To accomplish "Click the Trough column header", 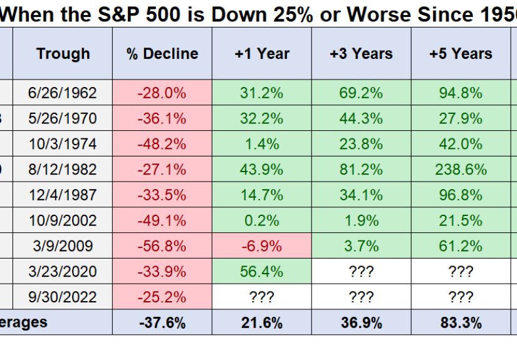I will pyautogui.click(x=63, y=54).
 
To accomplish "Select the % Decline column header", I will pyautogui.click(x=162, y=54).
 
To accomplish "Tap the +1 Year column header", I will pyautogui.click(x=261, y=54).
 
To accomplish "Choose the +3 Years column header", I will pyautogui.click(x=361, y=54).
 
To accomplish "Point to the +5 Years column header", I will pyautogui.click(x=461, y=54).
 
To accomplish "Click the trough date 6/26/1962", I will pyautogui.click(x=63, y=93).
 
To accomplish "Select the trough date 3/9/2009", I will pyautogui.click(x=63, y=246).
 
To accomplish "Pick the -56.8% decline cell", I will pyautogui.click(x=162, y=246).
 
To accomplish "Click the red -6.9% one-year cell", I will pyautogui.click(x=261, y=246).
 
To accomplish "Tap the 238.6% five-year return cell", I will pyautogui.click(x=461, y=170).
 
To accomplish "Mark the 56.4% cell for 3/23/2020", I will pyautogui.click(x=261, y=272).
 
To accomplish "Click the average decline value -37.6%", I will pyautogui.click(x=162, y=323).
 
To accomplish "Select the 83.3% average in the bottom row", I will pyautogui.click(x=461, y=323).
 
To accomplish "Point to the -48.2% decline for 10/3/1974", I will pyautogui.click(x=162, y=144).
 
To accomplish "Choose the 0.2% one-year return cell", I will pyautogui.click(x=261, y=221).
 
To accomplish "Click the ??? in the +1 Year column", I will pyautogui.click(x=261, y=297).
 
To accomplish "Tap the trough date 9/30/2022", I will pyautogui.click(x=63, y=297).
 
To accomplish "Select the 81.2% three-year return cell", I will pyautogui.click(x=361, y=170).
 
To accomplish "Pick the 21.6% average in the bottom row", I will pyautogui.click(x=261, y=323).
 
